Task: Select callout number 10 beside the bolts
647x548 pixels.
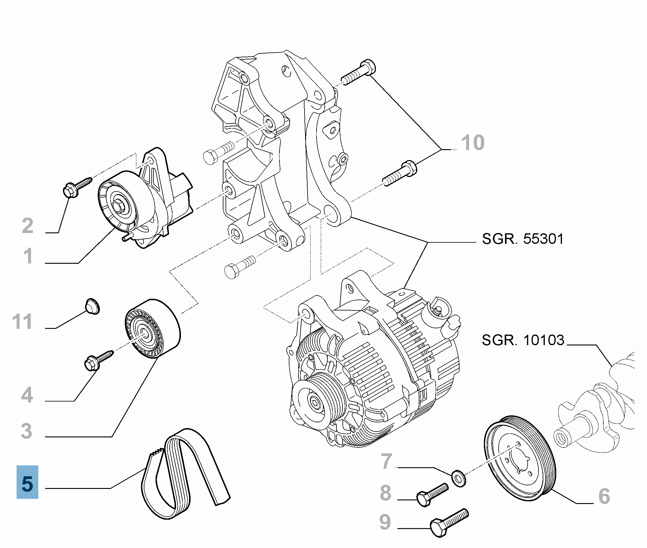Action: pos(473,143)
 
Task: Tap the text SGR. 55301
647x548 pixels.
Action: pos(522,239)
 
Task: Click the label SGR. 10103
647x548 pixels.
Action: pos(523,340)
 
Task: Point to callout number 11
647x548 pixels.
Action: pos(22,322)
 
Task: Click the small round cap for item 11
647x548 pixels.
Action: pos(92,306)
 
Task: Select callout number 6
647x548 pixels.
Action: pos(604,496)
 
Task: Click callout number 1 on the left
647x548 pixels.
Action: pos(28,256)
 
